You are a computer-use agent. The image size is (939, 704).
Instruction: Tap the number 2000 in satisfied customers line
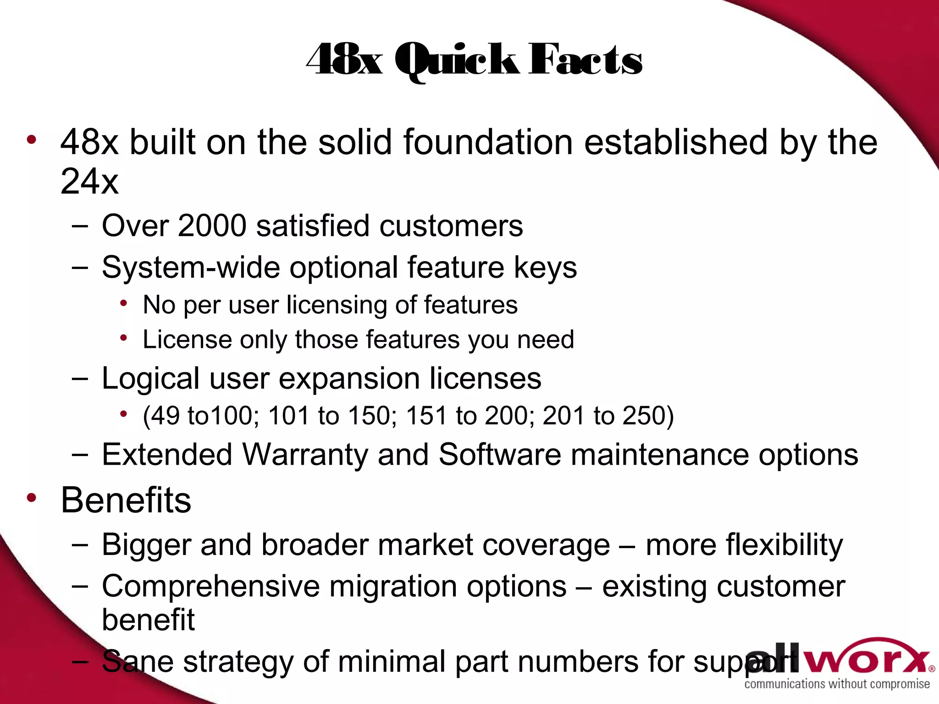212,225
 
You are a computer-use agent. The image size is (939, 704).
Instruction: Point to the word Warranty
305,455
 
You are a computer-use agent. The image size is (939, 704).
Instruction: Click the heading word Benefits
126,500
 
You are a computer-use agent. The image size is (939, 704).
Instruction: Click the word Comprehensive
210,586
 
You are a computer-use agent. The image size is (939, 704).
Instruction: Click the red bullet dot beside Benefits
31,498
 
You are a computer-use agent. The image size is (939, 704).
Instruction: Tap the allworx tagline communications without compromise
837,684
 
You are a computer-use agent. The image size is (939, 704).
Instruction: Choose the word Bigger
147,545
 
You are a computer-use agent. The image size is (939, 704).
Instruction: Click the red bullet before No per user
123,303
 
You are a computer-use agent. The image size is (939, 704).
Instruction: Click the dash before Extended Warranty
80,455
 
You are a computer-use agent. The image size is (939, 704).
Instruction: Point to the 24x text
89,181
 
